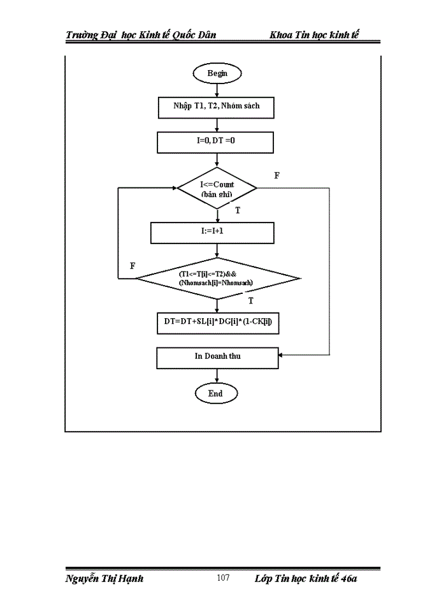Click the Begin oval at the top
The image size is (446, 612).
coord(217,73)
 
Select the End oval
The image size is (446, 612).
coord(216,393)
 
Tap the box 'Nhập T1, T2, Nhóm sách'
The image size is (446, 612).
coord(216,107)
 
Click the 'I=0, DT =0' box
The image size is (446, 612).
coord(216,142)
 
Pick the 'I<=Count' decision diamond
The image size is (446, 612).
coord(217,188)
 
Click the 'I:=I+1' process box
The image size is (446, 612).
coord(212,233)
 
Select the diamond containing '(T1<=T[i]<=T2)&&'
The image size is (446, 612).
coord(217,278)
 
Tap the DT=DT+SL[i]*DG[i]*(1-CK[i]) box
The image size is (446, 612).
coord(218,323)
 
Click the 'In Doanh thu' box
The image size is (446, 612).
coord(217,357)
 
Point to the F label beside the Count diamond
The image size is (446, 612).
coord(277,175)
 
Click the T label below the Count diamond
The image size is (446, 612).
coord(238,210)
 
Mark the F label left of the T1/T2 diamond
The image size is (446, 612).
coord(133,266)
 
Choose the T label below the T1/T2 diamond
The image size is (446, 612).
coord(250,300)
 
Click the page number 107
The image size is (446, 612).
coord(223,578)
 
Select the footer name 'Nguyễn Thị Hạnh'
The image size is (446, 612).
coord(104,578)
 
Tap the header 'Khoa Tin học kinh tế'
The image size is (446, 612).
coord(315,34)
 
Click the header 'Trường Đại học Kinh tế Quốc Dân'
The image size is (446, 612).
coord(141,34)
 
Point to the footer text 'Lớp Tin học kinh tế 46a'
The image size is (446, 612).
coord(306,578)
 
